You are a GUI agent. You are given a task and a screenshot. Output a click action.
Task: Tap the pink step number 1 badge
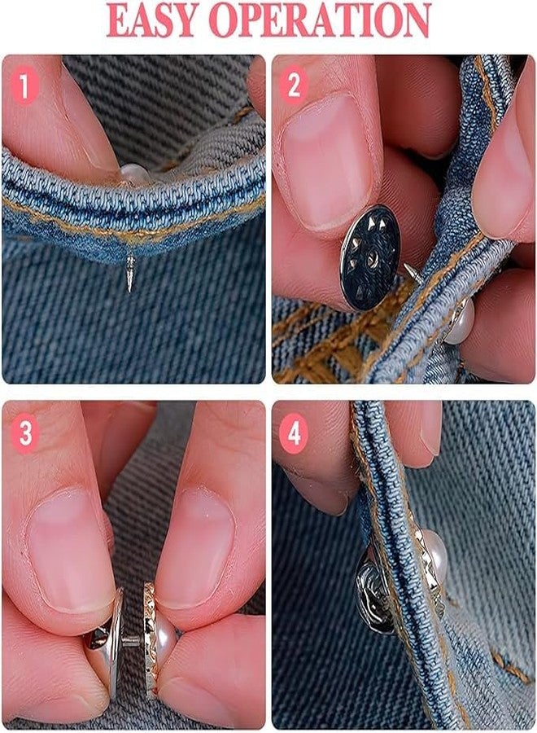pos(24,85)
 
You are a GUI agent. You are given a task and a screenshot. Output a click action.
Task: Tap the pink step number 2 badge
pos(294,85)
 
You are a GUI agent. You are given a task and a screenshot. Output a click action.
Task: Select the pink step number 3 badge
pos(24,433)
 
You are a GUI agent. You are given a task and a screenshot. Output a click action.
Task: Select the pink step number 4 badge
pos(294,433)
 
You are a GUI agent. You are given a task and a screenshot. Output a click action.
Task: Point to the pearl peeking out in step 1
pos(134,173)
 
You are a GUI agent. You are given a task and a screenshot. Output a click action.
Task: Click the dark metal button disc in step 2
pos(371,257)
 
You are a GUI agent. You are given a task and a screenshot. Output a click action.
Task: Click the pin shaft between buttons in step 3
pos(133,639)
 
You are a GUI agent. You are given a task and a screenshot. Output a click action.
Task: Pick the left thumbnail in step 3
pos(70,551)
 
